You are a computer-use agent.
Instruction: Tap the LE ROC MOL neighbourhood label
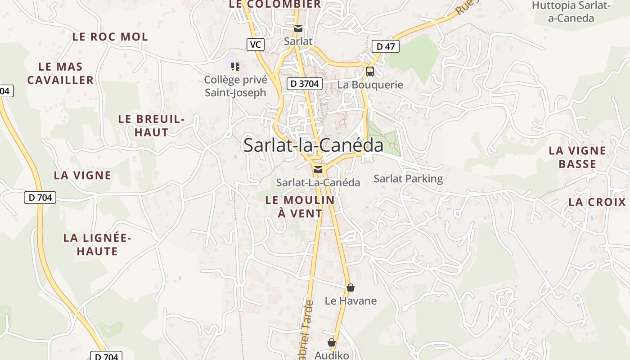pyautogui.click(x=110, y=37)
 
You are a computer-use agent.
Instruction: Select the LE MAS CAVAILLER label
pyautogui.click(x=60, y=73)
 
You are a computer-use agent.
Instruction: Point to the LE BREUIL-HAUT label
pyautogui.click(x=151, y=126)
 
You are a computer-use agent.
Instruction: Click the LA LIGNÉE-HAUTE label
pyautogui.click(x=97, y=244)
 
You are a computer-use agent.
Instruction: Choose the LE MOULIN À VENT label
pyautogui.click(x=300, y=207)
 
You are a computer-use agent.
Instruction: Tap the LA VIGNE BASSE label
pyautogui.click(x=577, y=157)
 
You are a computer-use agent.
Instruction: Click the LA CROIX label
pyautogui.click(x=597, y=202)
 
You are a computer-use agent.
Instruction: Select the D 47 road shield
pyautogui.click(x=386, y=46)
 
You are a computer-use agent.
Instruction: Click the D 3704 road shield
pyautogui.click(x=305, y=83)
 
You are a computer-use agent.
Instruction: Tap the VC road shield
pyautogui.click(x=255, y=44)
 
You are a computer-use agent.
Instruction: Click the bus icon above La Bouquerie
pyautogui.click(x=370, y=71)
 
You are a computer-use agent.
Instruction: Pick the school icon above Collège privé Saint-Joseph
pyautogui.click(x=235, y=67)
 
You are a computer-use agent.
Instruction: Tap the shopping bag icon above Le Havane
pyautogui.click(x=351, y=288)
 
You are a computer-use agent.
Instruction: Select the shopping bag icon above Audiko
pyautogui.click(x=332, y=342)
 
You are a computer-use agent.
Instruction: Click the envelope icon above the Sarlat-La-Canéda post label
pyautogui.click(x=318, y=170)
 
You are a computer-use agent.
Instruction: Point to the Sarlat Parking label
pyautogui.click(x=408, y=179)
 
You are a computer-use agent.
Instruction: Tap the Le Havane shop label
pyautogui.click(x=351, y=301)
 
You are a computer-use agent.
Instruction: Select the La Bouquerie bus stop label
pyautogui.click(x=370, y=85)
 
